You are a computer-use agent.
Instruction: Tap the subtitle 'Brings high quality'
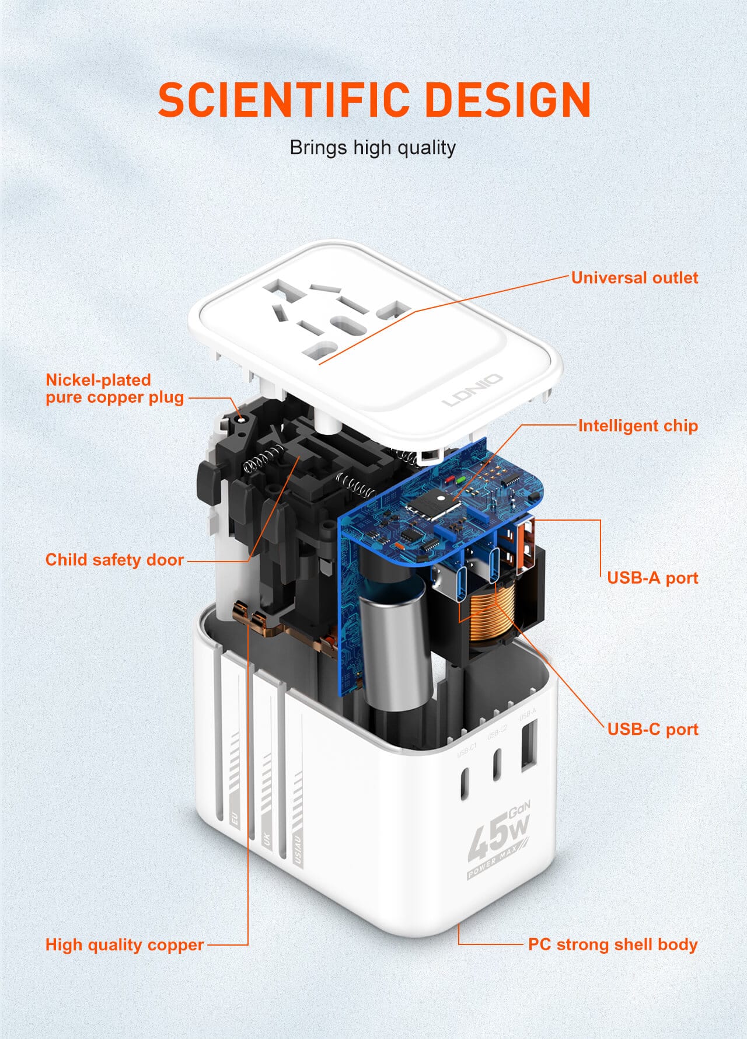point(372,148)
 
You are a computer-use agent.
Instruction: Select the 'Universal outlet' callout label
point(634,277)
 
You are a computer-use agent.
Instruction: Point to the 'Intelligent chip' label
point(638,426)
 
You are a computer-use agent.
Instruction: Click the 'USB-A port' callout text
point(652,577)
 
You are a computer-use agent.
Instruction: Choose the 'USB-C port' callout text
point(652,729)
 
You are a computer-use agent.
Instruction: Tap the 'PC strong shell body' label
point(613,944)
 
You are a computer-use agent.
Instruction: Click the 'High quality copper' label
point(124,944)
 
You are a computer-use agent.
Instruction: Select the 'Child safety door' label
point(114,559)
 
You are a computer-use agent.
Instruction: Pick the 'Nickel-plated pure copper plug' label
point(114,388)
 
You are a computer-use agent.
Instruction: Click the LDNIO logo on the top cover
point(472,390)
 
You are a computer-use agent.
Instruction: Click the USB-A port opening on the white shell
point(528,744)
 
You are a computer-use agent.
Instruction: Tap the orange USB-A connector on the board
point(525,543)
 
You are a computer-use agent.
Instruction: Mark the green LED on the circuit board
point(461,480)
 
